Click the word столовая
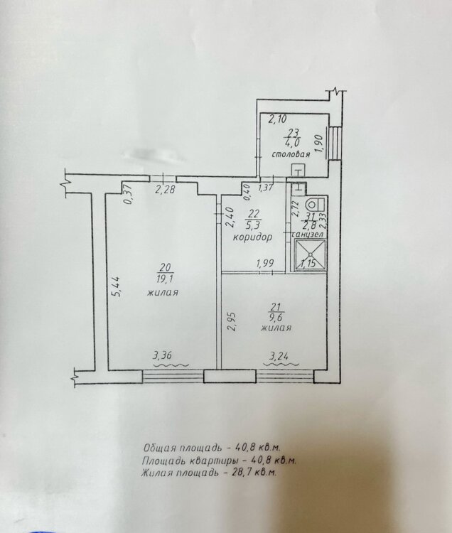point(291,155)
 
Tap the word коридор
point(252,237)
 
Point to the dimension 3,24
point(279,356)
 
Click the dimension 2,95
point(231,322)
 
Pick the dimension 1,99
point(265,264)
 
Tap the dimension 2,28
point(165,189)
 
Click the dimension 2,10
point(278,119)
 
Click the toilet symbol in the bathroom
point(315,205)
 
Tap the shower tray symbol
point(311,255)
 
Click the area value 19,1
point(165,279)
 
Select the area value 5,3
point(254,225)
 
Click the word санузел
point(308,235)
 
